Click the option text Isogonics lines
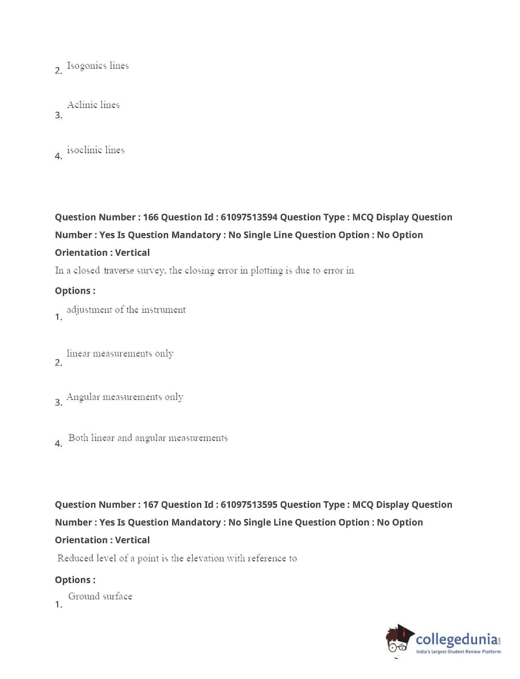click(x=97, y=66)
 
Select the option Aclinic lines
click(x=93, y=105)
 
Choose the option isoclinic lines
click(x=96, y=150)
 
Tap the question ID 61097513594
click(x=249, y=217)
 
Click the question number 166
click(x=150, y=217)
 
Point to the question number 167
click(x=150, y=505)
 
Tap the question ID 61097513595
click(x=249, y=505)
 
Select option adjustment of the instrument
click(x=126, y=310)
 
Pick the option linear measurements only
click(x=120, y=354)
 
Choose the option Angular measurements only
click(x=125, y=397)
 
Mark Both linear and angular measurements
click(x=148, y=438)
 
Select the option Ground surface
click(x=100, y=597)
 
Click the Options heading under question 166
click(x=75, y=291)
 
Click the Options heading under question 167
click(x=75, y=580)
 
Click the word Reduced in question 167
click(x=75, y=558)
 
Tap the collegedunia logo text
click(x=457, y=640)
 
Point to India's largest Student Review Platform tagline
click(x=458, y=652)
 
